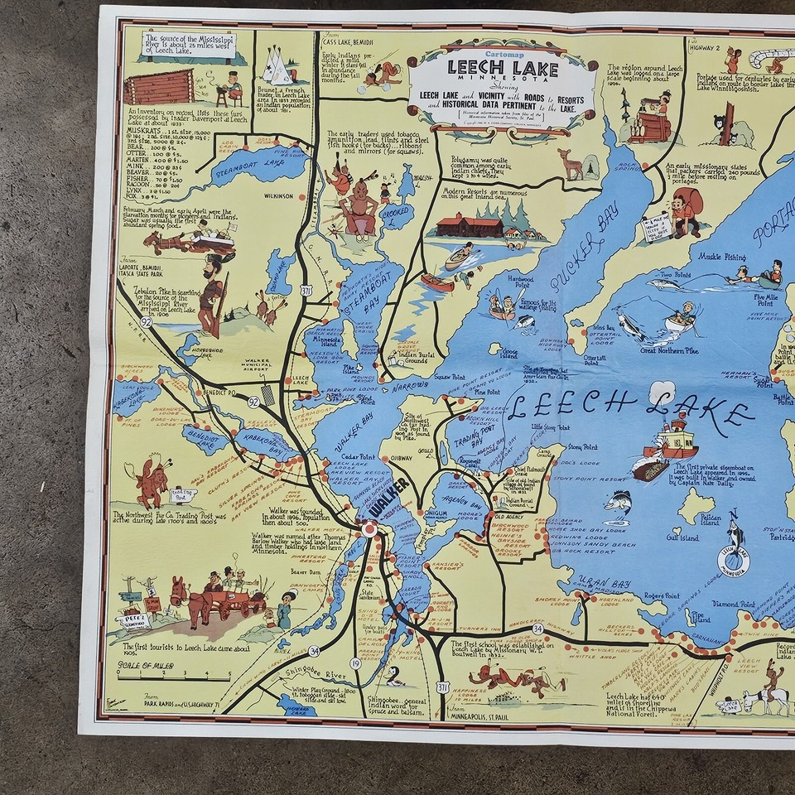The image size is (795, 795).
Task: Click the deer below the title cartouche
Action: tap(570, 163)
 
